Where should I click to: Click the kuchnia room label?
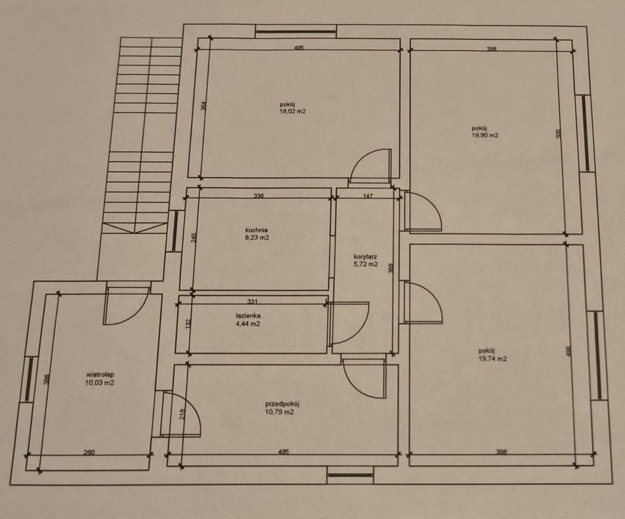click(x=256, y=230)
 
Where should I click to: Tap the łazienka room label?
click(x=248, y=316)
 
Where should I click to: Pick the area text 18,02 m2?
click(x=293, y=111)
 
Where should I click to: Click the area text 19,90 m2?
click(x=485, y=135)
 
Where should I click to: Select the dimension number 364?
click(x=204, y=106)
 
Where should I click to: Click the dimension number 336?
click(x=259, y=195)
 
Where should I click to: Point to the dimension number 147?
click(x=368, y=195)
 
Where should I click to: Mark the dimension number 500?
click(x=559, y=134)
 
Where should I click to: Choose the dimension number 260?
click(x=89, y=452)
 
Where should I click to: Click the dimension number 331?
click(x=252, y=301)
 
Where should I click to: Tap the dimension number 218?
click(x=183, y=415)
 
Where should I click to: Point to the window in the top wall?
click(x=295, y=32)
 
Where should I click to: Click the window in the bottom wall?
click(x=350, y=475)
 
